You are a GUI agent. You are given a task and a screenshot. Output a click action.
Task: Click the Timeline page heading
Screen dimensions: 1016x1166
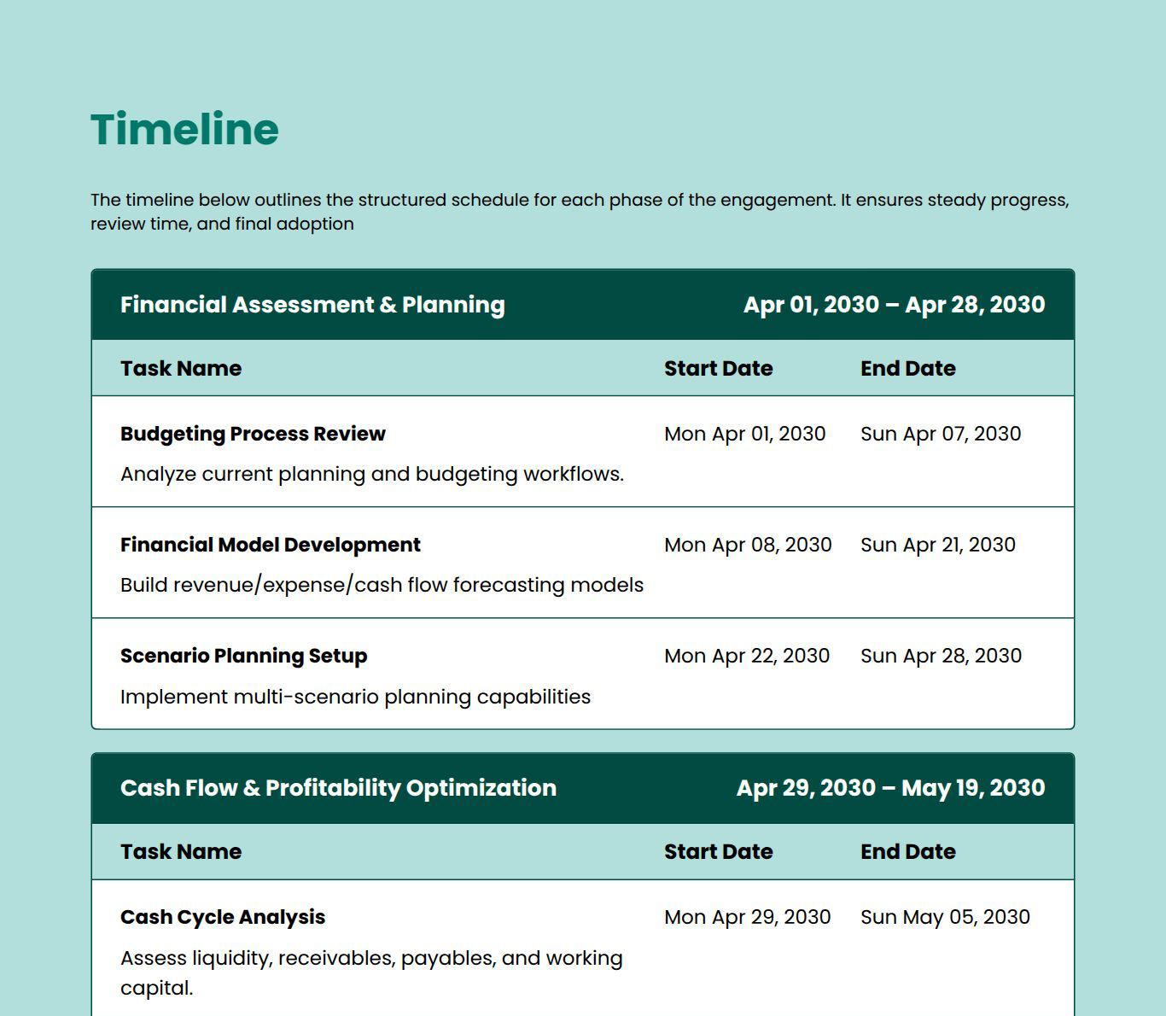click(x=184, y=130)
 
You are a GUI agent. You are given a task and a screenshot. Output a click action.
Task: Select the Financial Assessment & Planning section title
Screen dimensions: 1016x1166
click(x=312, y=305)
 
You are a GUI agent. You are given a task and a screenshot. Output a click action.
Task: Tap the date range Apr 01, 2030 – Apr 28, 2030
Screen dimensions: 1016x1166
click(x=894, y=305)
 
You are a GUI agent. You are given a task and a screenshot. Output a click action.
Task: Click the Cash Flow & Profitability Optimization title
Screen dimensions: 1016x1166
click(x=338, y=788)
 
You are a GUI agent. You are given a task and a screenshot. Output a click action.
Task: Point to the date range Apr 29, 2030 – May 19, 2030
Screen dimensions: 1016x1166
click(x=890, y=788)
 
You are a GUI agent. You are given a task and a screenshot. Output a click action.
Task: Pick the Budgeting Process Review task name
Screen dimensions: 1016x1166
click(x=253, y=434)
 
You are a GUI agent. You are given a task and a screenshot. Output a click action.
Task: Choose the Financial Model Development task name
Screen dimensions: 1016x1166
click(x=270, y=545)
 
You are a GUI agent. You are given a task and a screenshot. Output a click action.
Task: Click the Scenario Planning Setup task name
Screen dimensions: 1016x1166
click(x=243, y=656)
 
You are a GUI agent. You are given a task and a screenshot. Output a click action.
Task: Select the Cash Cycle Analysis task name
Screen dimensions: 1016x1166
click(x=223, y=917)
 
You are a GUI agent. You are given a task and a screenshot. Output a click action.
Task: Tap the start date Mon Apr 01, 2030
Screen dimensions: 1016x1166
click(x=744, y=434)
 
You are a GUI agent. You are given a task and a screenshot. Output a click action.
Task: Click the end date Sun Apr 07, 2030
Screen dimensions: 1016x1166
click(x=941, y=434)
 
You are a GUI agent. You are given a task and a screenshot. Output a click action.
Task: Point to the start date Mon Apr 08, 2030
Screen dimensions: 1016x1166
click(x=748, y=545)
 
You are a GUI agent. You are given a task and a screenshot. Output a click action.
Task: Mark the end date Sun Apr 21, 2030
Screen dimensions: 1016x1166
click(x=938, y=545)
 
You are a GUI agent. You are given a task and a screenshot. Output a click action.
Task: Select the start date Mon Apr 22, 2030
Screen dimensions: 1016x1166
click(x=747, y=656)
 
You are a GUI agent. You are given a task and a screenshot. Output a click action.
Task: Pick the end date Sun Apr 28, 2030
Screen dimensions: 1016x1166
click(x=941, y=656)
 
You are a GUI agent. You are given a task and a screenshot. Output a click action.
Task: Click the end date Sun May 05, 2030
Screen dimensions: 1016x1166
click(x=945, y=917)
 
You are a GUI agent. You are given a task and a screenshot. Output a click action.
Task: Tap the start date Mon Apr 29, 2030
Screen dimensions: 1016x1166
click(x=747, y=917)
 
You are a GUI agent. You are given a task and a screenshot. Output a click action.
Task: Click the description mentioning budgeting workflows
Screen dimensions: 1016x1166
click(x=372, y=474)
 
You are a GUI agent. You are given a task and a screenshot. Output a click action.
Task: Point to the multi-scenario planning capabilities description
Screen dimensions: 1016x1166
click(x=355, y=697)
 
